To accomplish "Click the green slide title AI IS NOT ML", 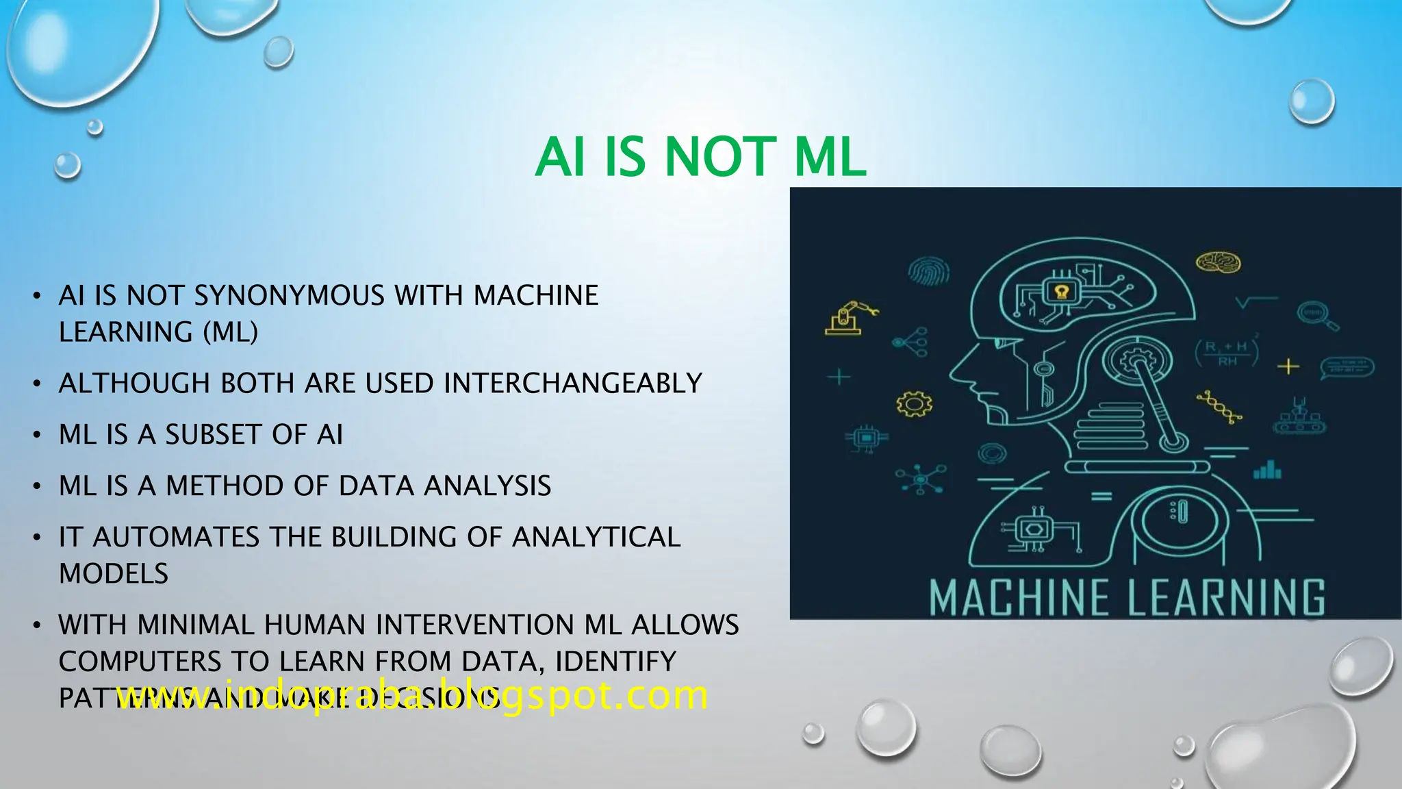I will [700, 157].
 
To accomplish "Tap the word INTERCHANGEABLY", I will [573, 384].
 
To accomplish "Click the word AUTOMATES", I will [176, 538].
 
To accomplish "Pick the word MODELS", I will [114, 574].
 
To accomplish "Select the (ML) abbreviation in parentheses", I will [231, 333].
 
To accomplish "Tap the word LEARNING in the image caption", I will [1226, 598].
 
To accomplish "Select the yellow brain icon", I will [1219, 262].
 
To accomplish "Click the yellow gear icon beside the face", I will [915, 403].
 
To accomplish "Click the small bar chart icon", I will [1267, 470].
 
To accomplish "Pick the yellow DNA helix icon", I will [1219, 408].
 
